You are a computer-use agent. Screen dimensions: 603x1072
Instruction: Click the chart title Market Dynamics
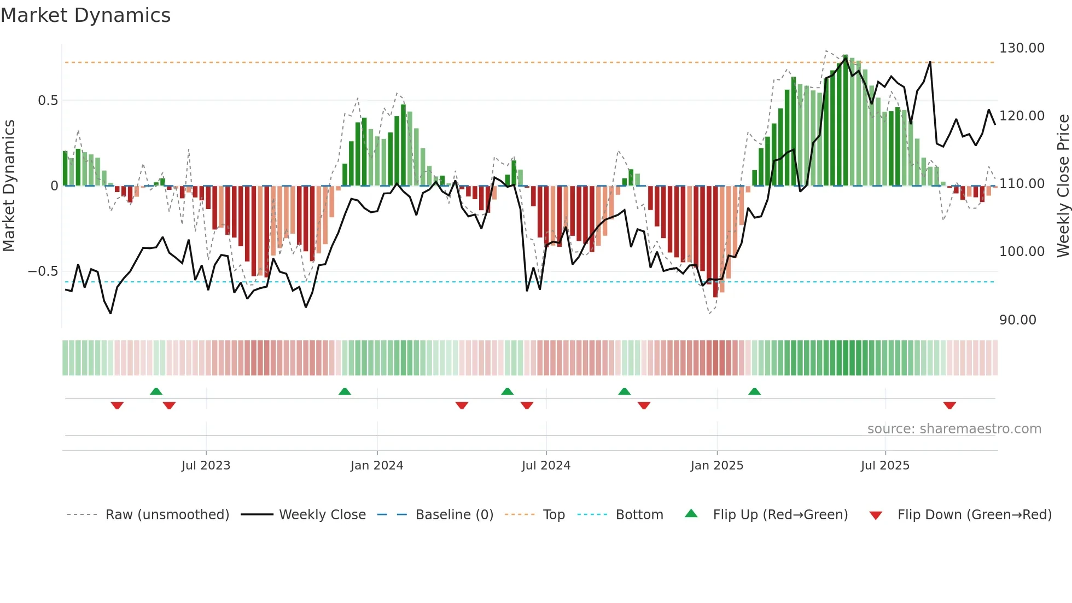[85, 15]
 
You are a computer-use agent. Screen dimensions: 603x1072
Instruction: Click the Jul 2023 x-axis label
[206, 466]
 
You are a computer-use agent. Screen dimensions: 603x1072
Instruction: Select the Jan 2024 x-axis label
[377, 466]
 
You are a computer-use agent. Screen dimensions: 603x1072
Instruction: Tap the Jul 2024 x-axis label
[546, 466]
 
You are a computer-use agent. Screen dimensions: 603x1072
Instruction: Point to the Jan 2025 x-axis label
[716, 466]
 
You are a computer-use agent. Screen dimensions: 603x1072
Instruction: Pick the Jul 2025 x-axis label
[885, 466]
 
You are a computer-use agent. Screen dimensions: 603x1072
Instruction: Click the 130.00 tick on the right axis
[1022, 48]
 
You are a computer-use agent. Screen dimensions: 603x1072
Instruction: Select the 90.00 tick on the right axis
[1017, 320]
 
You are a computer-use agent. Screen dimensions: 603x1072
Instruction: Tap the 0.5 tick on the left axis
[48, 101]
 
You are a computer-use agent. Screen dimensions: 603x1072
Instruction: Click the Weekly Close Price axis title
[1063, 186]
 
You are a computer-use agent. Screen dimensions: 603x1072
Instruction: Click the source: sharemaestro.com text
[954, 429]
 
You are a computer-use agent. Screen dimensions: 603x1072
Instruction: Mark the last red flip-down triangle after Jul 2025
[949, 405]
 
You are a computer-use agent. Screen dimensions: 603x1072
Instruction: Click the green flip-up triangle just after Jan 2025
[754, 392]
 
